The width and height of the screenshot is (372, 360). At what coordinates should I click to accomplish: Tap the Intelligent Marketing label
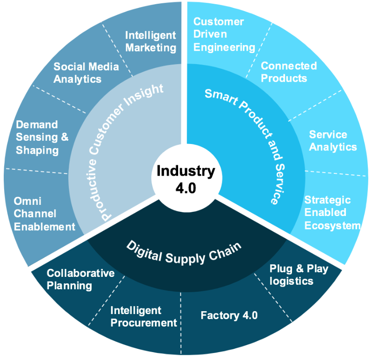pyautogui.click(x=151, y=41)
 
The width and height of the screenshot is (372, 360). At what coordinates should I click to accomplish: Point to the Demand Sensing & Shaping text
pyautogui.click(x=42, y=137)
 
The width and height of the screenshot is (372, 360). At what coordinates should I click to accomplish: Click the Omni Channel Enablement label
pyautogui.click(x=44, y=214)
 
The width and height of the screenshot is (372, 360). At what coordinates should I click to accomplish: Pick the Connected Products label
pyautogui.click(x=288, y=72)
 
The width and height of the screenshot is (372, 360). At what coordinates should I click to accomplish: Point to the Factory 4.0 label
pyautogui.click(x=229, y=316)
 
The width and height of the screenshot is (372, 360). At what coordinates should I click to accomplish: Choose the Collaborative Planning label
pyautogui.click(x=80, y=279)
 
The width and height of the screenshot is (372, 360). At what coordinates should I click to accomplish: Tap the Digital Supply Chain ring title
pyautogui.click(x=184, y=251)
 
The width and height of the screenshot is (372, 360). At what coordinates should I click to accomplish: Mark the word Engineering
pyautogui.click(x=224, y=47)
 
